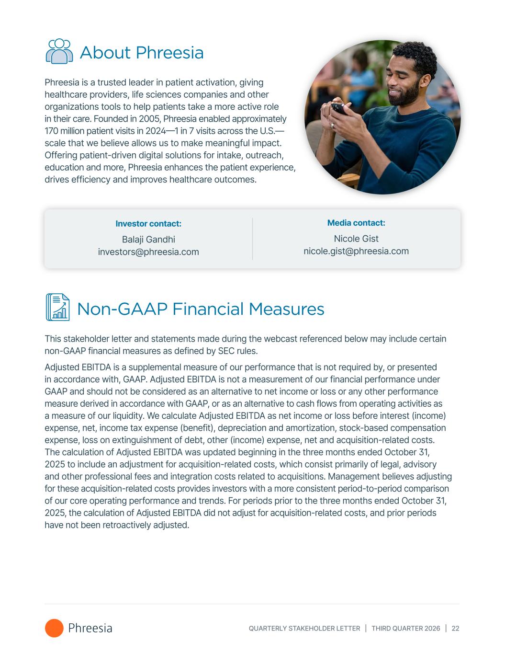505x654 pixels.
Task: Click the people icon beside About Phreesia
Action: click(59, 52)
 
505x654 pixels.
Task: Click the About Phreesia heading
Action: click(142, 53)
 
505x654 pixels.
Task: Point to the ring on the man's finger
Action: click(332, 125)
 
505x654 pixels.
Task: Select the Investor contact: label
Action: click(148, 224)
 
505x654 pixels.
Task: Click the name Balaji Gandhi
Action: click(148, 240)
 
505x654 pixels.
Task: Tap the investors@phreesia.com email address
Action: click(148, 252)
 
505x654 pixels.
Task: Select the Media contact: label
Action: click(356, 223)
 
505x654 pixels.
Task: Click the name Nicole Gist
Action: click(356, 239)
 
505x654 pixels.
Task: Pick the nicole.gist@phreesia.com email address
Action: click(356, 251)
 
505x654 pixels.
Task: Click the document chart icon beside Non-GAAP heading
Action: click(57, 307)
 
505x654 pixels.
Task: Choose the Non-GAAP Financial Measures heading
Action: click(201, 309)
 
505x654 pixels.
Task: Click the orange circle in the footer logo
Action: click(54, 628)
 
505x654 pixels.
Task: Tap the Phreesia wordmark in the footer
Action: click(90, 628)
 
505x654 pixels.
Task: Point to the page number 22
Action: click(455, 629)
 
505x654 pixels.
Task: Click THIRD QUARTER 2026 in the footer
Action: click(406, 629)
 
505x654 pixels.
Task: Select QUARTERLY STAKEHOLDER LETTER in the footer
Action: click(304, 629)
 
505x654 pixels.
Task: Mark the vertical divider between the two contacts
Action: click(253, 239)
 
